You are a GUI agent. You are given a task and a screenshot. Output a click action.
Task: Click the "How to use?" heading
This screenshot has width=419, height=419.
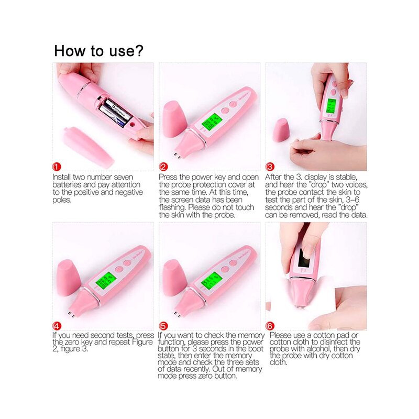[x=99, y=51]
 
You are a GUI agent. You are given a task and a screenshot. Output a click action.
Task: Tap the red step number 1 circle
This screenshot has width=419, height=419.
[x=57, y=167]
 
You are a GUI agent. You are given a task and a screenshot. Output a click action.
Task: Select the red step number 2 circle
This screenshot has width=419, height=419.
[x=163, y=167]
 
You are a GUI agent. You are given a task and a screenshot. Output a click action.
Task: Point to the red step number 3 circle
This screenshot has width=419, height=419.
[x=270, y=167]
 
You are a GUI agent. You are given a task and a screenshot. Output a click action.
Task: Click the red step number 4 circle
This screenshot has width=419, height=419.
[x=57, y=326]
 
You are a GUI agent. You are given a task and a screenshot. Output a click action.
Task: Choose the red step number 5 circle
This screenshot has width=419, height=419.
[x=163, y=326]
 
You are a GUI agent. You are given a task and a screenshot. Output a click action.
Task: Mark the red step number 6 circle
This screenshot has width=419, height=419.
[x=270, y=326]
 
